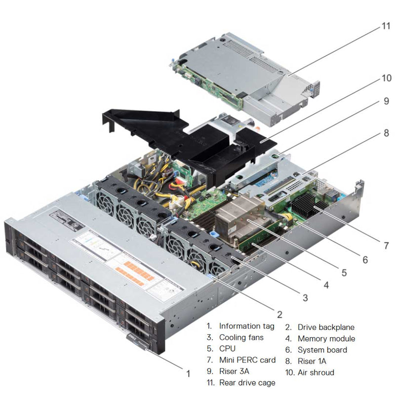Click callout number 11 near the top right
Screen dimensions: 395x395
[385, 25]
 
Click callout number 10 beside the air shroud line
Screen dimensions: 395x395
[385, 78]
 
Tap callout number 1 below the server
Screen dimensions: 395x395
[188, 374]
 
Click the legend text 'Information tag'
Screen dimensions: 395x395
[246, 326]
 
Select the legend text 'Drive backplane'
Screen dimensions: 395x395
[326, 327]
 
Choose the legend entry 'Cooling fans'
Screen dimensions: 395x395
[241, 338]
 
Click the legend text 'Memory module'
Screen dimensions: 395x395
[326, 338]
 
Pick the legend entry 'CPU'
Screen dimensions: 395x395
[228, 350]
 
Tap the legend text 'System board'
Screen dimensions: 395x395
[322, 350]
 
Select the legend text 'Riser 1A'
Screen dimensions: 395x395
[312, 361]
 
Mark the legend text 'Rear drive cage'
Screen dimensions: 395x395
[247, 383]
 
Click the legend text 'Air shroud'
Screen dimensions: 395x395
[316, 372]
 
